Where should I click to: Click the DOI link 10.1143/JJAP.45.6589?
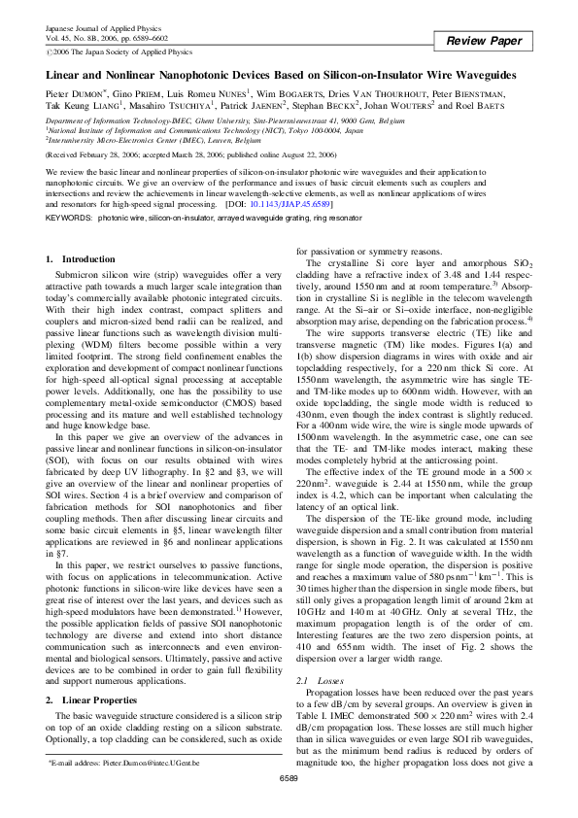tap(289, 205)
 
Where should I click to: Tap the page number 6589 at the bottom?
tap(289, 805)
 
